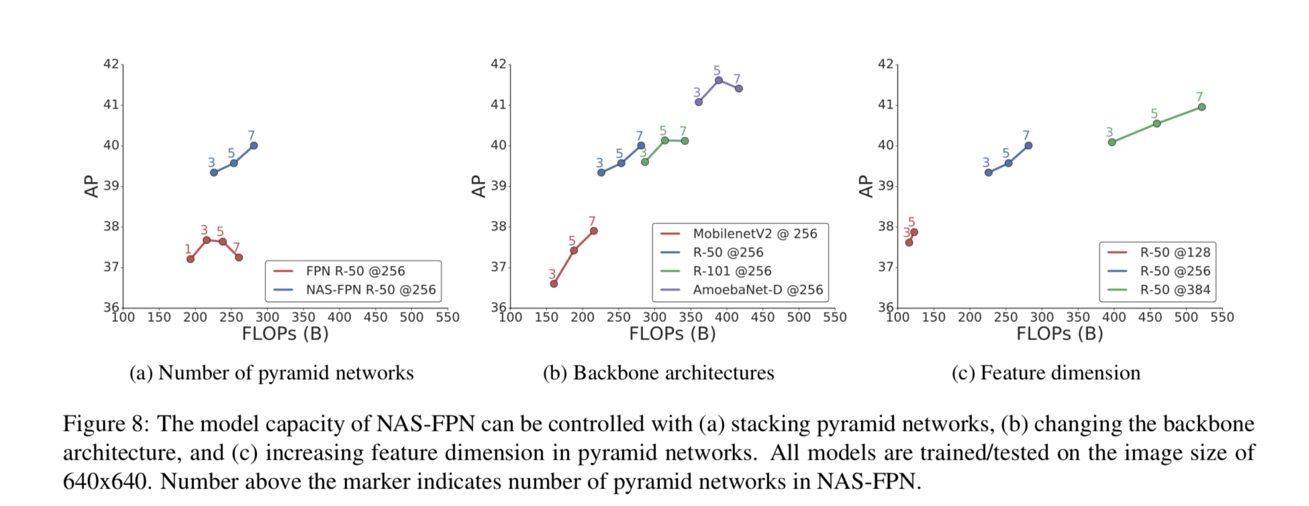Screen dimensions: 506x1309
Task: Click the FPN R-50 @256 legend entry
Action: (x=355, y=271)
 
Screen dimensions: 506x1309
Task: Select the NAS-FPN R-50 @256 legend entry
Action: (x=371, y=290)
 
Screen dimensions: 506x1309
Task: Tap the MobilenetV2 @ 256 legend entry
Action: (x=755, y=234)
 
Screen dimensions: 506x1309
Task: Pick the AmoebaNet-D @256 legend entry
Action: (x=757, y=290)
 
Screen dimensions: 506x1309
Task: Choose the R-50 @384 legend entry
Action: (x=1175, y=290)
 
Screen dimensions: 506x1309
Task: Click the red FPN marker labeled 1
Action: (x=191, y=259)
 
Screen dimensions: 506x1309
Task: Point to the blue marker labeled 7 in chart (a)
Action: (x=254, y=146)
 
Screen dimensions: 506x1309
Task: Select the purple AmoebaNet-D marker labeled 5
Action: (x=719, y=81)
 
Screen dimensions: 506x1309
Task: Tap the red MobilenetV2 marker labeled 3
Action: (x=554, y=284)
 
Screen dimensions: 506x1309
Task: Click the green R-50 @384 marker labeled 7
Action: (x=1202, y=107)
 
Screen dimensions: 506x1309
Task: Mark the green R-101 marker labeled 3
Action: (x=645, y=162)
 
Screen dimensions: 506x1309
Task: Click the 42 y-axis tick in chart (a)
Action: (x=111, y=64)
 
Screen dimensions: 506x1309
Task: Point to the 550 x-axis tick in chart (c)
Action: (x=1222, y=317)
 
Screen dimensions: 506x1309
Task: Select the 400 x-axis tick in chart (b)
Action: (x=726, y=317)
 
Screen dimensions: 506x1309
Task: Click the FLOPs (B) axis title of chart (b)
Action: (x=672, y=334)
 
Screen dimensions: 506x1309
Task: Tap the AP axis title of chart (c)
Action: (x=866, y=187)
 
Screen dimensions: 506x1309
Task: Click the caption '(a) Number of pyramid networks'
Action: (x=271, y=373)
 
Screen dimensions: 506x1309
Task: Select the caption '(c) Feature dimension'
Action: (x=1046, y=373)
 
